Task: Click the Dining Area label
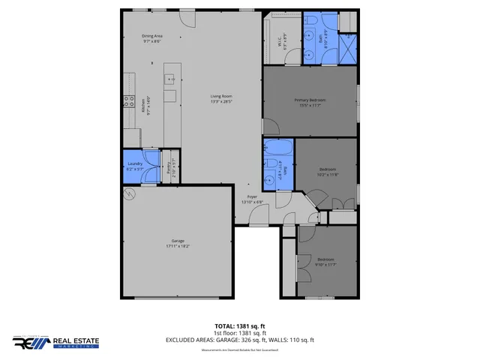[x=152, y=37]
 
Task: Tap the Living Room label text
[x=221, y=96]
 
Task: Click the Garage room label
[x=177, y=241]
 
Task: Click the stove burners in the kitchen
[x=127, y=104]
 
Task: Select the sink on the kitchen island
[x=170, y=77]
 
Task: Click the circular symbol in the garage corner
[x=129, y=194]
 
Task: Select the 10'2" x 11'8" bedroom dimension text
[x=328, y=175]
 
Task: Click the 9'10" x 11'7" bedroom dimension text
[x=325, y=262]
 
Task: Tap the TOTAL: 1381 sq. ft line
[x=240, y=325]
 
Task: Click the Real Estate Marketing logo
[x=60, y=342]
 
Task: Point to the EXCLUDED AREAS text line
[x=240, y=340]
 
